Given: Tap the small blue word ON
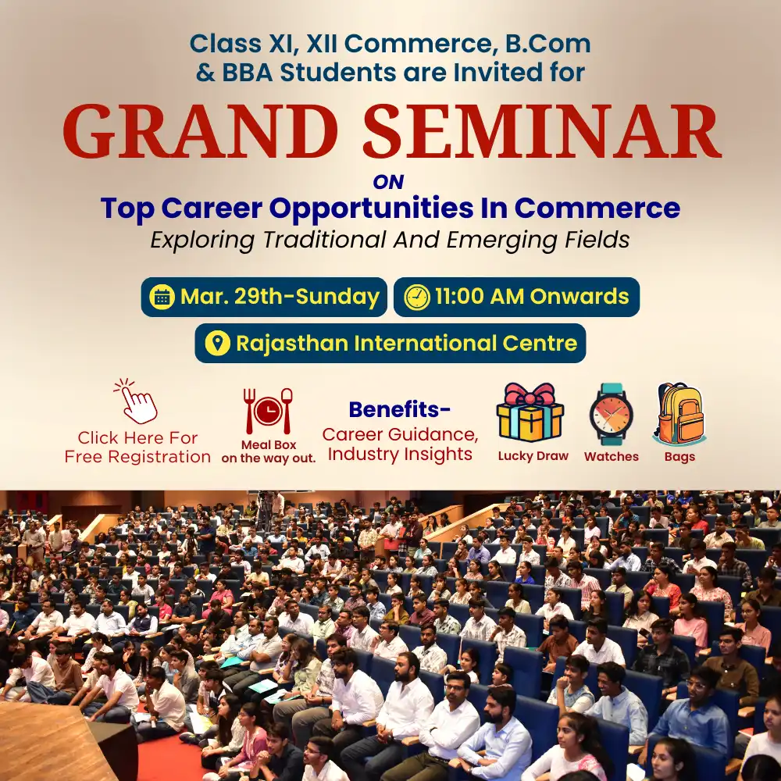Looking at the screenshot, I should pos(388,183).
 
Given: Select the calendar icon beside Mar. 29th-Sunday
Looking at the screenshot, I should pos(162,297).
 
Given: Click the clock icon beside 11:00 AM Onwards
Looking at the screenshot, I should pos(417,297).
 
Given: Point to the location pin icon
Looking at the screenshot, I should pos(217,343).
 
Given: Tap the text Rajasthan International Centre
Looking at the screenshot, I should pos(406,343).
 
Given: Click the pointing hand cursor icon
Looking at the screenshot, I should pos(137,402).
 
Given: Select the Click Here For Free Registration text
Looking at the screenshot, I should pos(137,448).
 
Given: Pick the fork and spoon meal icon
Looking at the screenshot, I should pos(268,411).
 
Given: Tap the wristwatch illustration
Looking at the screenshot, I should pos(611,414).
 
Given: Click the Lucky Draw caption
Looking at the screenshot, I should pos(533,456).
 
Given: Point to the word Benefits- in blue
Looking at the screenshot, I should pos(399,409).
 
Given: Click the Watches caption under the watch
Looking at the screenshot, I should pos(611,456).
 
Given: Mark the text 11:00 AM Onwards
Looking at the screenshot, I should pos(532,297).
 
